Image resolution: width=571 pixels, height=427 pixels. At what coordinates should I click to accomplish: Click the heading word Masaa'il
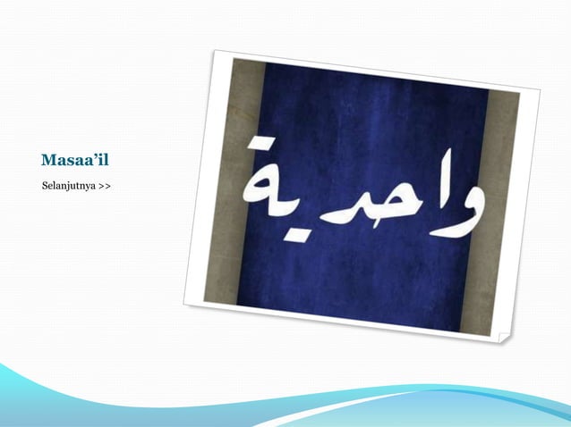81,162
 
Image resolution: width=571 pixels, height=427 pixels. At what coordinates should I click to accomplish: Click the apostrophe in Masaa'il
102,158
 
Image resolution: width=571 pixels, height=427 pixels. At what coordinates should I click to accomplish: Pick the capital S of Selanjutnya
45,187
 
